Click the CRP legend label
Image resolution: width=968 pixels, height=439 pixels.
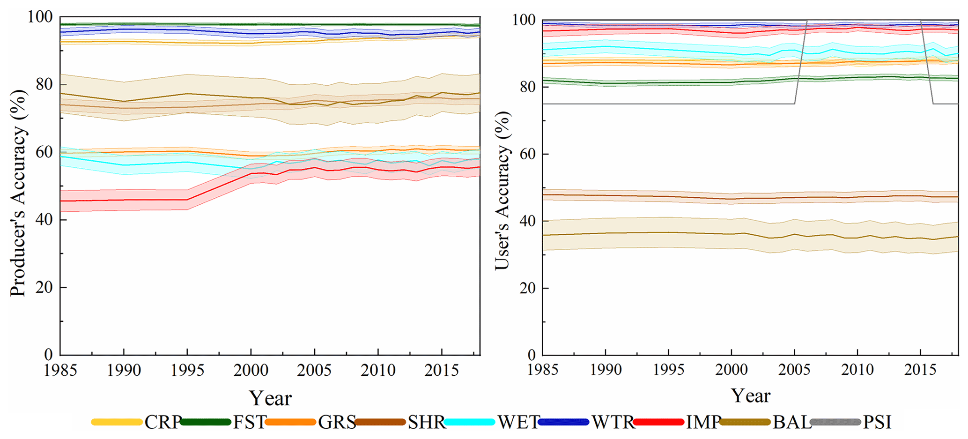click(x=163, y=422)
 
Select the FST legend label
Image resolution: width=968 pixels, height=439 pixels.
click(x=250, y=422)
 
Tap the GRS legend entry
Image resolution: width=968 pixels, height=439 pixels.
click(x=337, y=422)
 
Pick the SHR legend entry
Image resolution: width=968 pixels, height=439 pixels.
click(x=426, y=422)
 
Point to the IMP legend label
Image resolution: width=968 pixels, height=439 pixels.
click(x=703, y=422)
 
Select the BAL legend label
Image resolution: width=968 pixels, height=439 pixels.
click(x=792, y=422)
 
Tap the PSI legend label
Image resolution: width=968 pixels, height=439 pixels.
click(x=877, y=422)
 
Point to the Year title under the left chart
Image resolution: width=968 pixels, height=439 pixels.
click(x=270, y=398)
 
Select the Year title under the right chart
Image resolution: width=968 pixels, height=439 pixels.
click(x=750, y=396)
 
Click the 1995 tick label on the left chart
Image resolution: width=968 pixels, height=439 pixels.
click(x=187, y=371)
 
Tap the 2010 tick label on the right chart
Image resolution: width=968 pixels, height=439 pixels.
click(x=857, y=370)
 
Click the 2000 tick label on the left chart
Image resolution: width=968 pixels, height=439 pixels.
click(x=251, y=371)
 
